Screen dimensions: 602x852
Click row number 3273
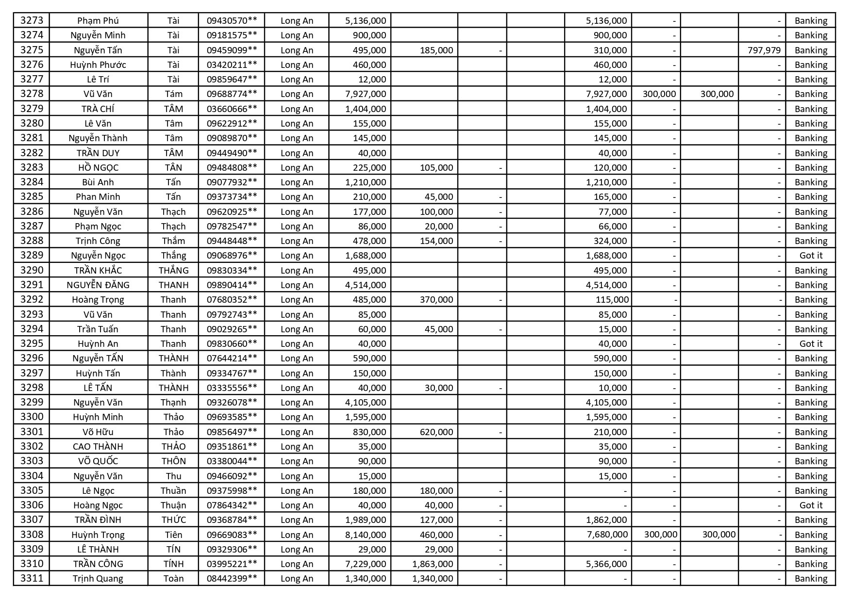(32, 20)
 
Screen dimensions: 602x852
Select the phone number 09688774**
(232, 94)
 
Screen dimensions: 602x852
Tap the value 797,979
(764, 50)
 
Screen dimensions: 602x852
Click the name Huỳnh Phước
(98, 65)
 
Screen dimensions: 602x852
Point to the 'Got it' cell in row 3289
(811, 255)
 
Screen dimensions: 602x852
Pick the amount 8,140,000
(366, 535)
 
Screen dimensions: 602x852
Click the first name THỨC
(173, 520)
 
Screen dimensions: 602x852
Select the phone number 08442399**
(232, 578)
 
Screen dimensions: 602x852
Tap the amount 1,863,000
(433, 564)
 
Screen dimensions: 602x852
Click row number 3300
(32, 417)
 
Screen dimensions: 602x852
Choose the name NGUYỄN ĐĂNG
(98, 285)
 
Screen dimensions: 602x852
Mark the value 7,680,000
(607, 535)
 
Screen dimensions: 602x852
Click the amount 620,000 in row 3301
(436, 432)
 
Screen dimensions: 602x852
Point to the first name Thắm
(173, 241)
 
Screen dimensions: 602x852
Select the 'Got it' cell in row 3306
(811, 505)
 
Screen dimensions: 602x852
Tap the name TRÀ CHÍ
(98, 109)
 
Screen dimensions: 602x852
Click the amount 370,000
(436, 299)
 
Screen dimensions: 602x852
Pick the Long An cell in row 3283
(297, 167)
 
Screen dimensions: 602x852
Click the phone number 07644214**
(232, 358)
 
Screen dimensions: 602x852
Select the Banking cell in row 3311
(811, 578)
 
